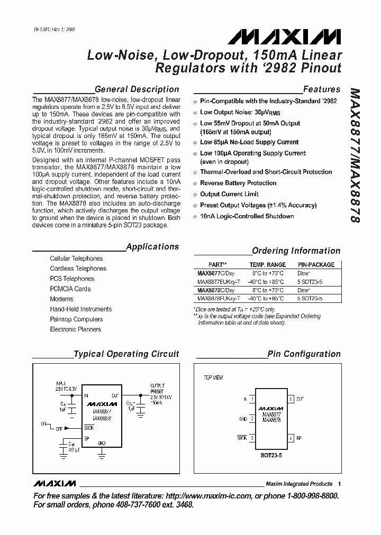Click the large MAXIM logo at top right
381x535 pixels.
285,36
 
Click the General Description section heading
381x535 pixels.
137,89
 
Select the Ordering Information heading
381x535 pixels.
296,251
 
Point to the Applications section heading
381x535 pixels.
152,246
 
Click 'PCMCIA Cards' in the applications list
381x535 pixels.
70,289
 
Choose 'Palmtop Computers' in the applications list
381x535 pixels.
76,319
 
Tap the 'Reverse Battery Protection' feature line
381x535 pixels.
238,183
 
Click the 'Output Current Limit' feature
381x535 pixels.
229,194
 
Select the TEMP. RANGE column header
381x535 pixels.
267,265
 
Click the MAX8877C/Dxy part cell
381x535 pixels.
212,273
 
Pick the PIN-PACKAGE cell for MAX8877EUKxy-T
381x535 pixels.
310,282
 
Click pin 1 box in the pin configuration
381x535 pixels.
253,399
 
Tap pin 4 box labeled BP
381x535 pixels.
290,438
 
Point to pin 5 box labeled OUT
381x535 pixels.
290,399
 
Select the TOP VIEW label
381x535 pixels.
213,377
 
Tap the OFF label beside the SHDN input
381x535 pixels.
59,429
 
